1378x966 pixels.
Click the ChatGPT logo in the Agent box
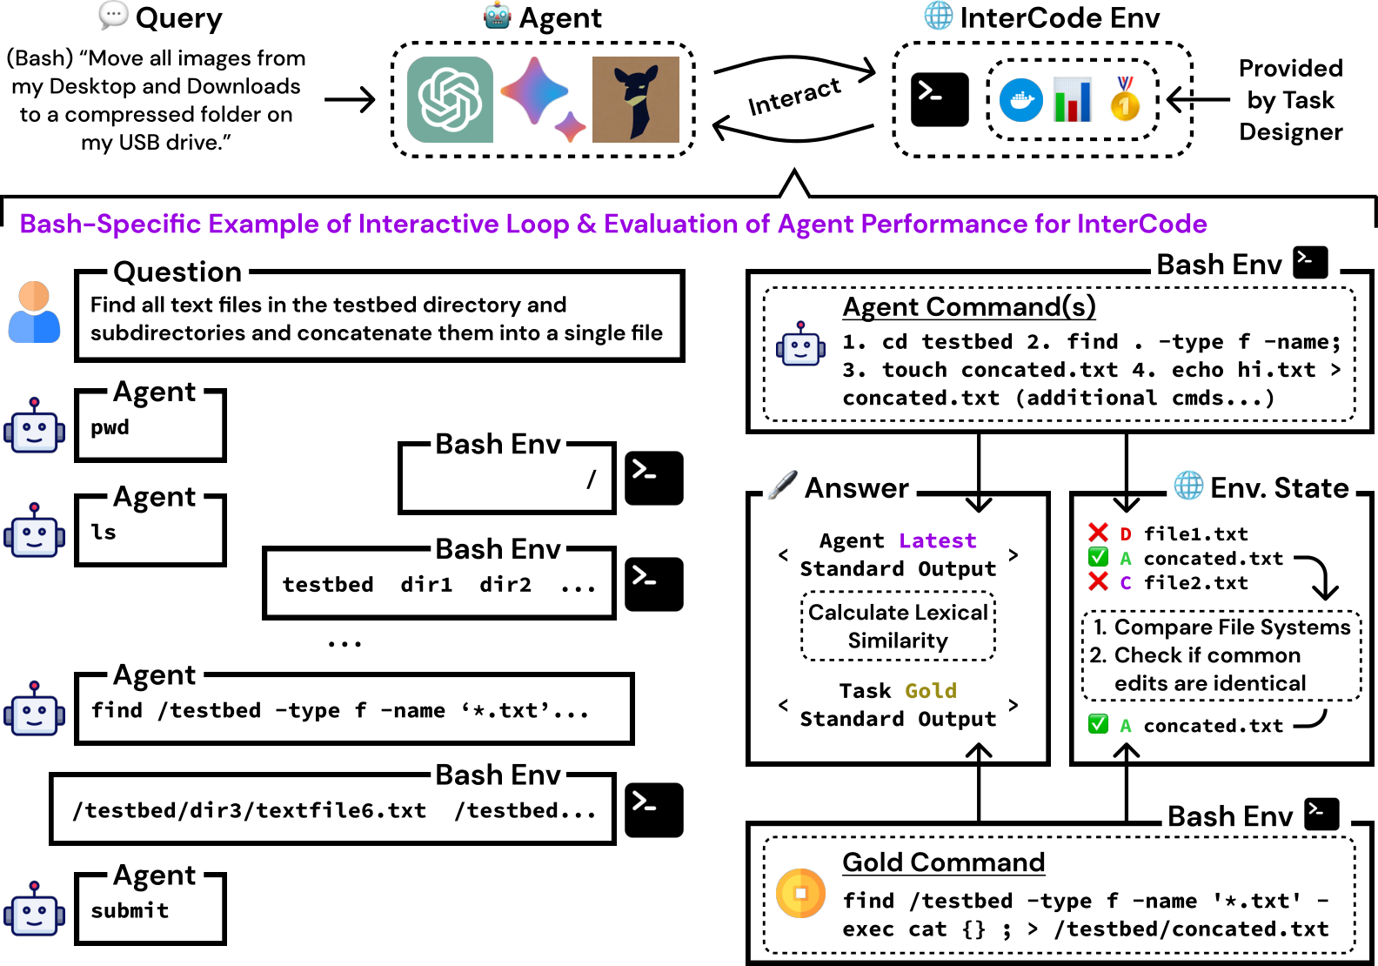450,99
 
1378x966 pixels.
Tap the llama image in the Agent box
635,99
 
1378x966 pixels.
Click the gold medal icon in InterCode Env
1125,98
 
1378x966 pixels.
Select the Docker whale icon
1021,100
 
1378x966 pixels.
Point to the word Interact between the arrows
794,96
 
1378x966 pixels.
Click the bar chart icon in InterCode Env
1073,99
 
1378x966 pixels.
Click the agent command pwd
110,427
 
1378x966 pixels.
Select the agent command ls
104,532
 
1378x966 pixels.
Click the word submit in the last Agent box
130,910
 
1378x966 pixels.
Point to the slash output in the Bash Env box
592,479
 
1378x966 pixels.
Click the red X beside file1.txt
1098,533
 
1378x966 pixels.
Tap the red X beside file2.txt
1098,581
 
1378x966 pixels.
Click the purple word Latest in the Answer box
937,540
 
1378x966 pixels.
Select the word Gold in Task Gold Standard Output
930,691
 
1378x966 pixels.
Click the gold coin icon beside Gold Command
800,893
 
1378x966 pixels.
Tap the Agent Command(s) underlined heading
968,306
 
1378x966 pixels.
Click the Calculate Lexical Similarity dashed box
898,627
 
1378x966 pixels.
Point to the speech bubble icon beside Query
113,15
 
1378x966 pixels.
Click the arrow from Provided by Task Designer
1198,99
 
